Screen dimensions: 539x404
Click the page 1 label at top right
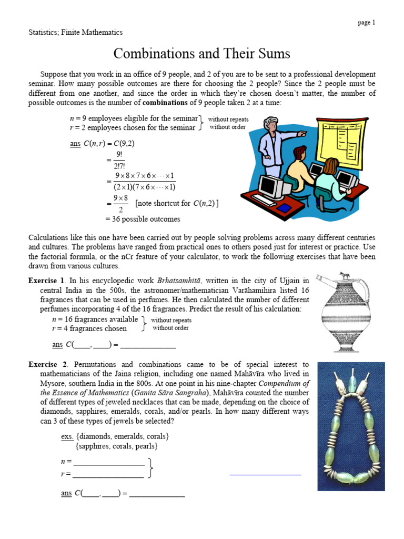[366, 23]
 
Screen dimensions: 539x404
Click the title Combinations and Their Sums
[202, 54]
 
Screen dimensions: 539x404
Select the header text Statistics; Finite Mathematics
[75, 33]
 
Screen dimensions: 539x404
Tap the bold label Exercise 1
[46, 281]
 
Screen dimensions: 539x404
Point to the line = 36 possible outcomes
[143, 219]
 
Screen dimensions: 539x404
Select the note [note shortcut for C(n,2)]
[177, 203]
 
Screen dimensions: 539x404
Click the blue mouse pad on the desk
[284, 208]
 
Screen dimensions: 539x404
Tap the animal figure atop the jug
[344, 275]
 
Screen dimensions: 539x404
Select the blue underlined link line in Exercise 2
[265, 475]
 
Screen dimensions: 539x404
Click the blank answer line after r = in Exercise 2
[108, 475]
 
